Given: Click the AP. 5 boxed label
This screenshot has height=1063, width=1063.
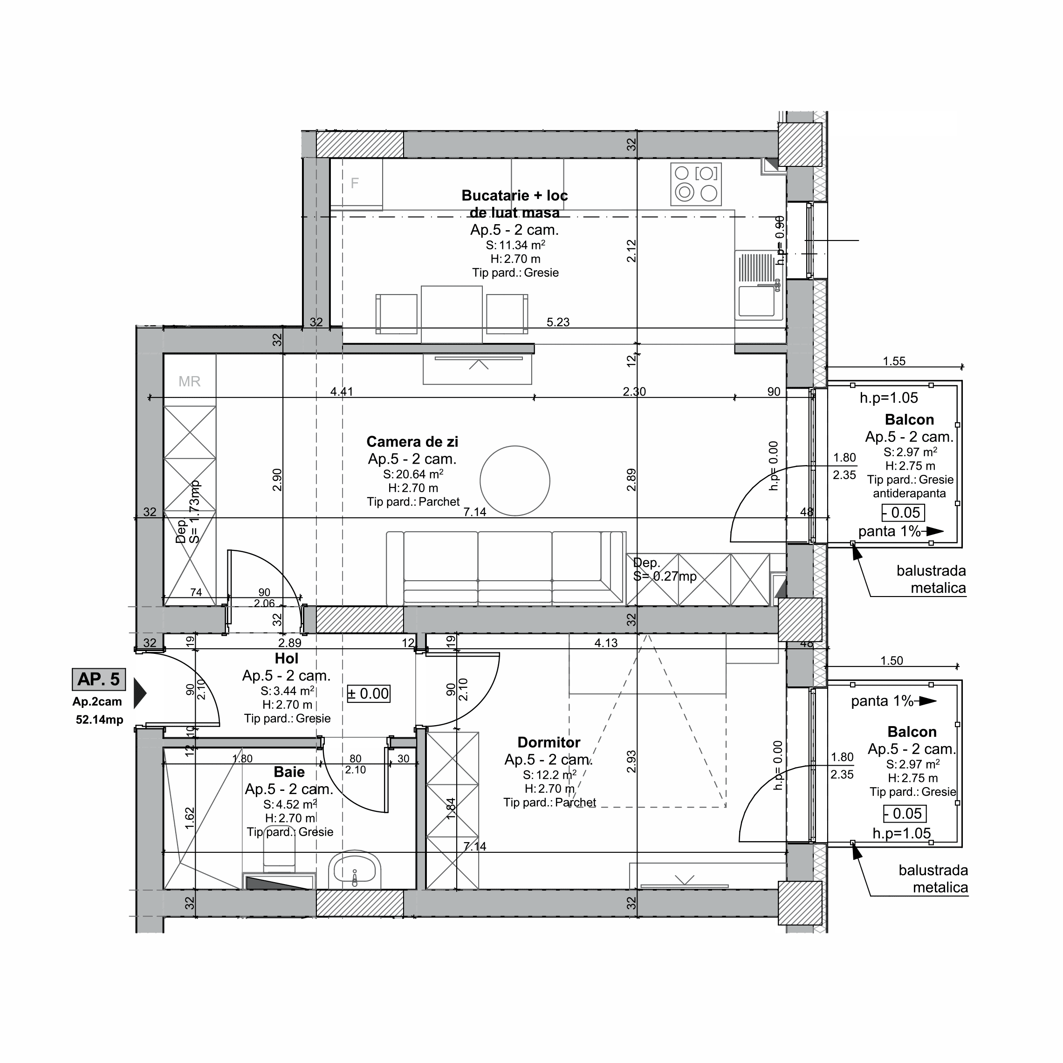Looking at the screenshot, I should click(x=98, y=679).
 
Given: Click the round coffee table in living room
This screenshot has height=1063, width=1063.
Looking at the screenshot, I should click(x=514, y=481).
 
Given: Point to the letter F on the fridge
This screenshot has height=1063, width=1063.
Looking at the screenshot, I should click(x=355, y=183).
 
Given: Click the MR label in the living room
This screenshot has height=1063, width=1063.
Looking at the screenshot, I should click(x=189, y=381).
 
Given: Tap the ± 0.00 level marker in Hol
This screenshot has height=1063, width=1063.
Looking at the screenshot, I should click(x=369, y=694).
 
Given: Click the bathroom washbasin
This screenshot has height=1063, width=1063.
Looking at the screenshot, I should click(x=355, y=871).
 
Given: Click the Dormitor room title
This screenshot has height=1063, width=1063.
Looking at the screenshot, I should click(x=549, y=743).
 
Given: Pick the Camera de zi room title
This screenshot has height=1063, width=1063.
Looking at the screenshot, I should click(x=412, y=442).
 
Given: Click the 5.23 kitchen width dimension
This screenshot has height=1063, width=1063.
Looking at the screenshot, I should click(x=558, y=322).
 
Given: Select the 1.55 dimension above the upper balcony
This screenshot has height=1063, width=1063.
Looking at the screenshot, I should click(x=894, y=362).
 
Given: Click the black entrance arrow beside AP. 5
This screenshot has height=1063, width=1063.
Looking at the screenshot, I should click(x=140, y=693).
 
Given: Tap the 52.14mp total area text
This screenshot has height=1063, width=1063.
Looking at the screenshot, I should click(x=100, y=720).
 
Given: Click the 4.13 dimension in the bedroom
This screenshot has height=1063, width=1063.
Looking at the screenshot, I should click(x=606, y=643).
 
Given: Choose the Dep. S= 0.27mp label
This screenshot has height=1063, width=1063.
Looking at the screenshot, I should click(x=665, y=570).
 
